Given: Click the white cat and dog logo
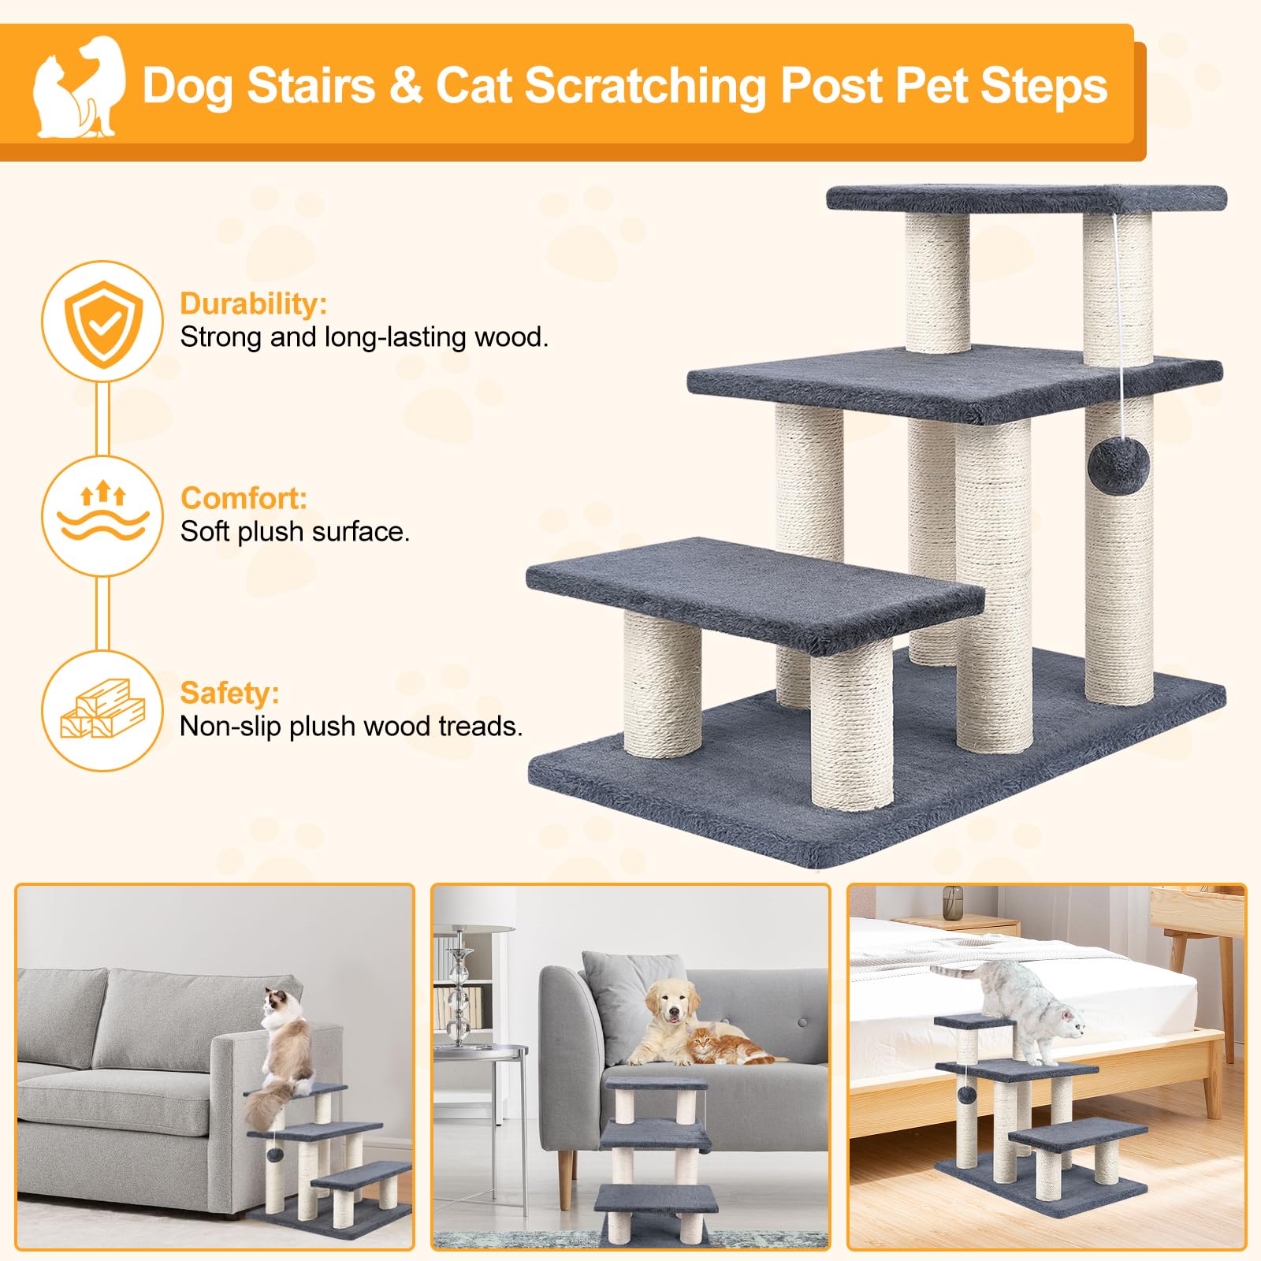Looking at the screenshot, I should click(x=79, y=87).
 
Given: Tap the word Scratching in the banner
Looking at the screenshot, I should click(x=645, y=87).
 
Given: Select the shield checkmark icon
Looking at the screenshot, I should click(x=102, y=322).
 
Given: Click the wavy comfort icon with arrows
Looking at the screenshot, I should click(x=102, y=515).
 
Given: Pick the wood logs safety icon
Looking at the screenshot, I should click(x=102, y=709).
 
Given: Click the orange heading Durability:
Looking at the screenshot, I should click(x=253, y=303).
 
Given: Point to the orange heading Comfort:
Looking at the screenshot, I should click(x=244, y=498).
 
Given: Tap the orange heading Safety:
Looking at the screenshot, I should click(x=229, y=693).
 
